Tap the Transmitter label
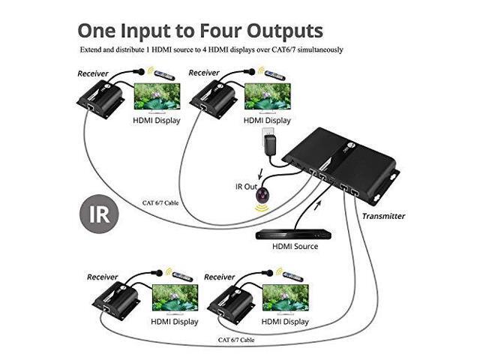[x=383, y=216]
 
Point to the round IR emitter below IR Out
[x=262, y=196]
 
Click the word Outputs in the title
[x=289, y=31]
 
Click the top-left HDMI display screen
[x=156, y=97]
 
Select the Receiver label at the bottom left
[x=103, y=277]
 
